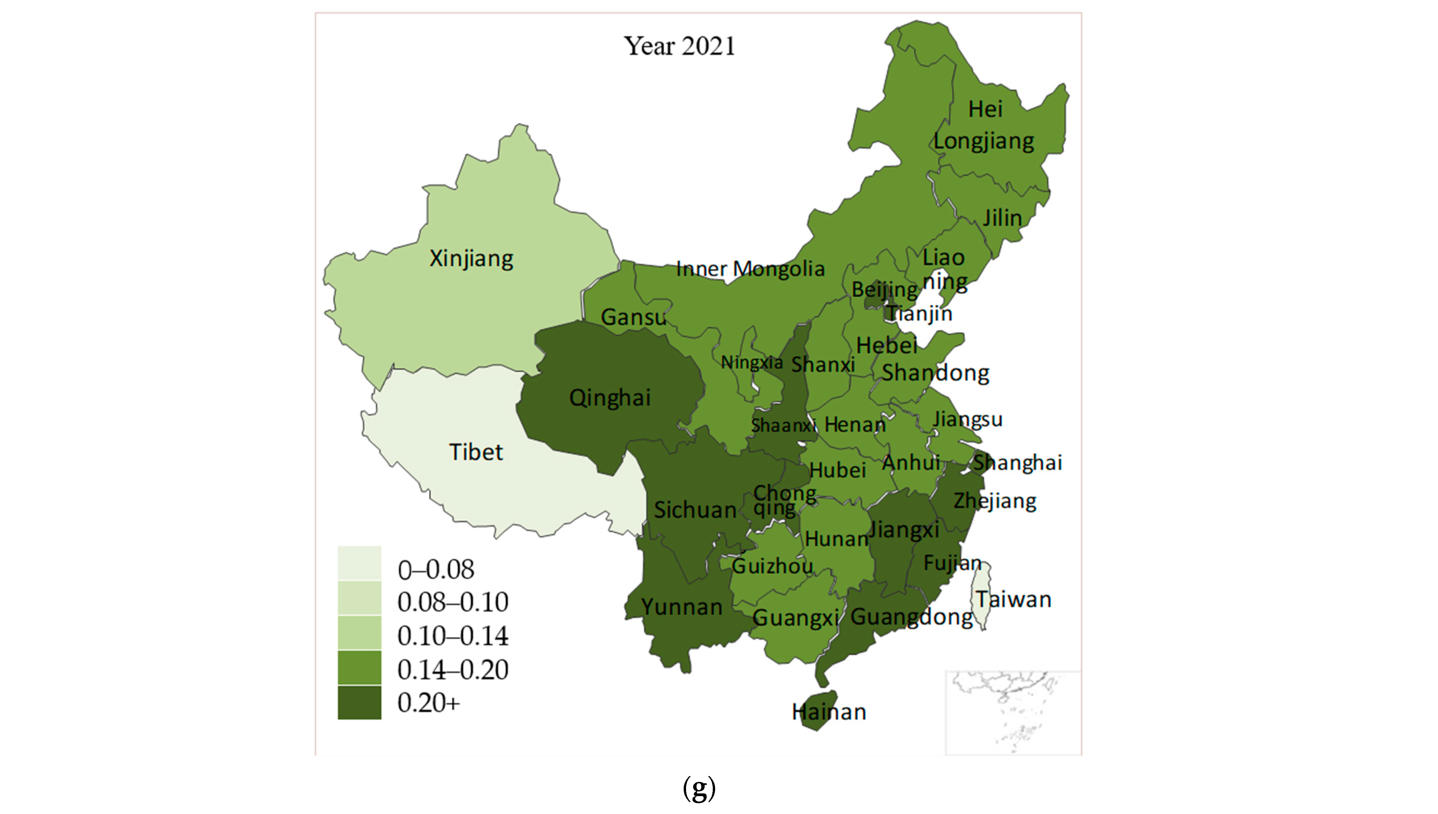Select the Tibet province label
coord(476,452)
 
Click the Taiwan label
coord(1013,599)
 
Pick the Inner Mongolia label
coord(750,269)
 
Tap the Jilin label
coord(1002,217)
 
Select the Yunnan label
coord(681,607)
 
